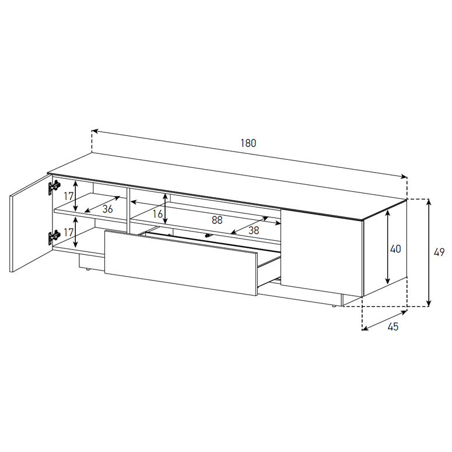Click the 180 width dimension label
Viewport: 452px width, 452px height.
click(248, 143)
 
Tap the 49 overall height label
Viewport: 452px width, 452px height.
click(439, 253)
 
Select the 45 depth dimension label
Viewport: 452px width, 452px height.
click(393, 327)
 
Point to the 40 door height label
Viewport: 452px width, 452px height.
click(395, 249)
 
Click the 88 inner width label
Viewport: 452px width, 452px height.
click(217, 220)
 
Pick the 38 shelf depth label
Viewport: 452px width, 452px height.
click(254, 230)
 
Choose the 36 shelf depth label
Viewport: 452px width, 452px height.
click(107, 209)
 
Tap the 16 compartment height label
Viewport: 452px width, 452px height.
click(157, 214)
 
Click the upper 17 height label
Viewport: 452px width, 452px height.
click(69, 197)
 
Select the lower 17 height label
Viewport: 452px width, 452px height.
click(69, 232)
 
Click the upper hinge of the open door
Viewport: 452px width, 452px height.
click(54, 187)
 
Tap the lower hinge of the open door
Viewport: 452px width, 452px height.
click(54, 237)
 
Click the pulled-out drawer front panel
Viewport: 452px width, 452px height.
click(181, 262)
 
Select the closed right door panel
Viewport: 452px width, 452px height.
click(322, 253)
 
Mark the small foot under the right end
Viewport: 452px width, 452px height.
click(334, 306)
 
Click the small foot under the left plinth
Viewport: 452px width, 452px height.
click(88, 270)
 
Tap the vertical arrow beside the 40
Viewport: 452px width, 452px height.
click(387, 247)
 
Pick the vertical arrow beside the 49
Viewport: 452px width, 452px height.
click(429, 253)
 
